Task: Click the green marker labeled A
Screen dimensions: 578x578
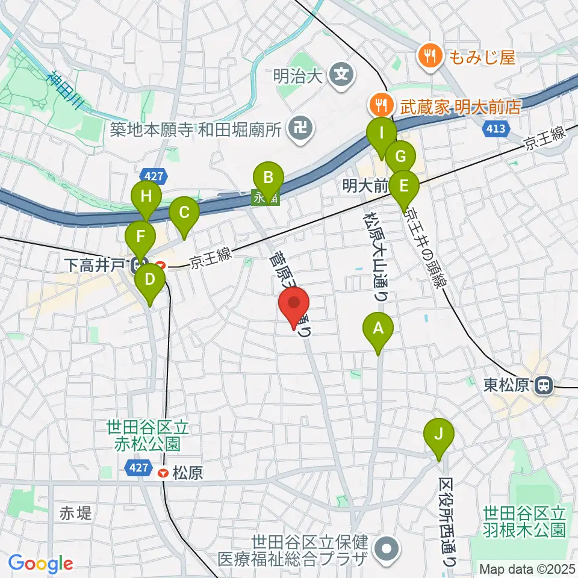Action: click(378, 329)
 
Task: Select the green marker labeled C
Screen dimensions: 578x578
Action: click(184, 213)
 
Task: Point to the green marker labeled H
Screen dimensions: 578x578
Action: click(146, 197)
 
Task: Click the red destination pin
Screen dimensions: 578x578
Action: click(295, 303)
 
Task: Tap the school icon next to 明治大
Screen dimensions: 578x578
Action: click(342, 75)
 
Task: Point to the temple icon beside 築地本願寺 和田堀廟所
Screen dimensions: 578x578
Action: click(299, 127)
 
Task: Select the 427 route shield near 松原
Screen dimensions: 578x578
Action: click(138, 467)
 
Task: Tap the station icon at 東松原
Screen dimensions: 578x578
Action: click(544, 385)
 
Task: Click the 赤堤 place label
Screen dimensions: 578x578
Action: click(76, 514)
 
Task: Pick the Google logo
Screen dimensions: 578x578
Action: click(40, 564)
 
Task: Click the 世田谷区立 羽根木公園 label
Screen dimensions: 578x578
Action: click(523, 522)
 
